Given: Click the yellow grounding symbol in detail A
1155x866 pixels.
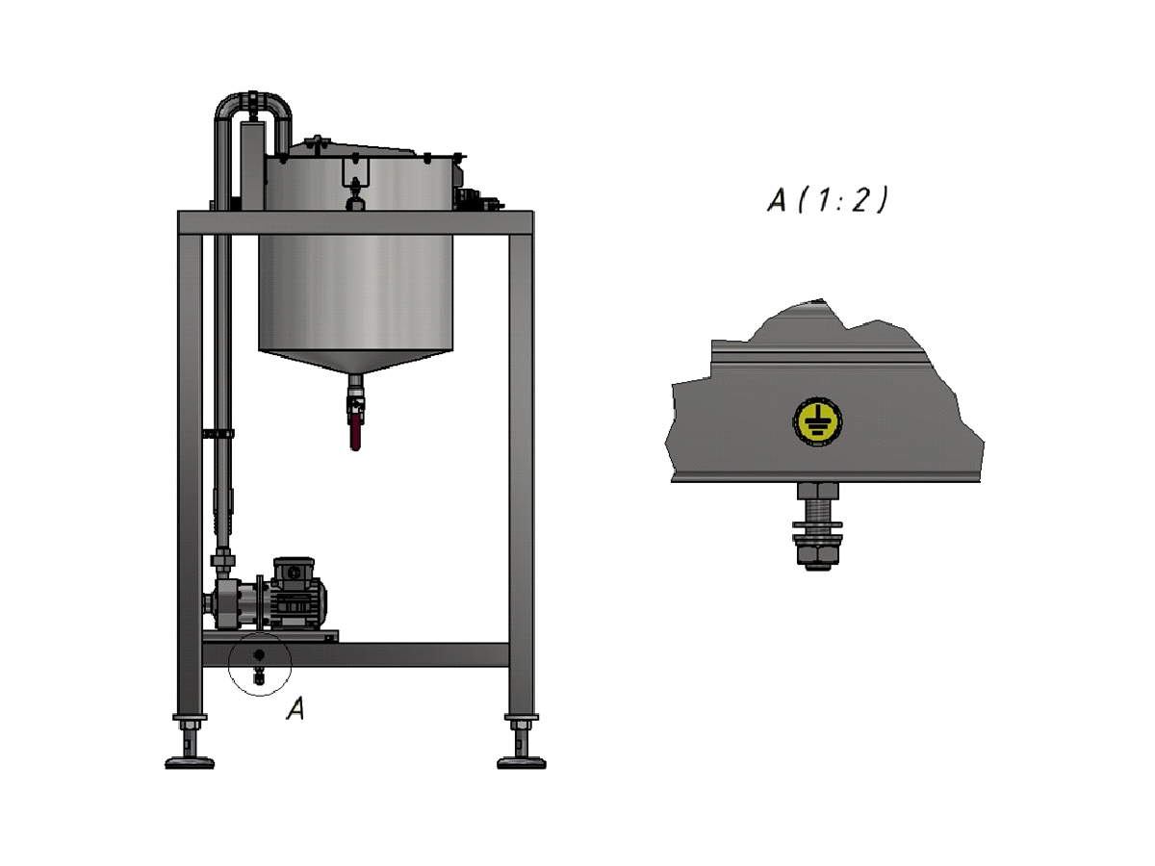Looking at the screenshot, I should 817,421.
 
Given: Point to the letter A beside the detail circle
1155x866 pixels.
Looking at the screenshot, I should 296,710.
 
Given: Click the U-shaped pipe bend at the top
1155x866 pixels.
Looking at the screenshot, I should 252,100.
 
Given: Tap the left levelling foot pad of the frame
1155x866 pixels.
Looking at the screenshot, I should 190,762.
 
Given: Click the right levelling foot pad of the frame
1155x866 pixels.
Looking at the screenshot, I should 521,762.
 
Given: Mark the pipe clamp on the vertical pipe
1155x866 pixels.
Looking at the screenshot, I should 220,435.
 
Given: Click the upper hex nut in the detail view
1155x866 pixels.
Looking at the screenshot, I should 817,492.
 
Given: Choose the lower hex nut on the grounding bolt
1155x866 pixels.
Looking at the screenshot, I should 817,557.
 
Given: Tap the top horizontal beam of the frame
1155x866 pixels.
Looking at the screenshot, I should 355,222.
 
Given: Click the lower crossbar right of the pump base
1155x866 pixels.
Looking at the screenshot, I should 423,655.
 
